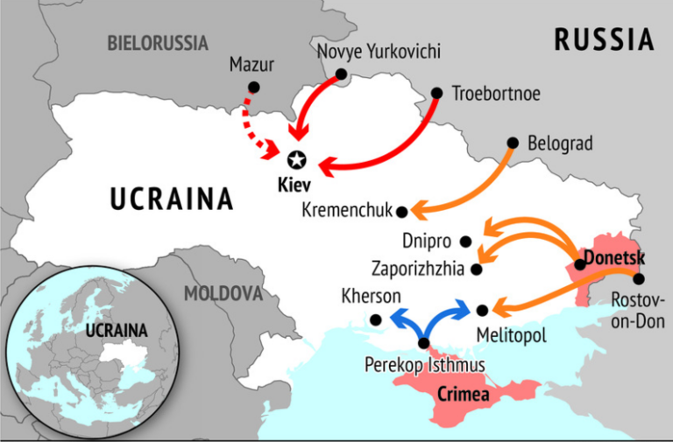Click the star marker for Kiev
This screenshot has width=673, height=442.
click(297, 159)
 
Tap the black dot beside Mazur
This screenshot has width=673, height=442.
click(254, 87)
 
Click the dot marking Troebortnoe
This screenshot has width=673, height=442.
click(438, 92)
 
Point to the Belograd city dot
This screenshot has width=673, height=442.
click(513, 143)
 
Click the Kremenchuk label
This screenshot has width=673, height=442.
click(347, 210)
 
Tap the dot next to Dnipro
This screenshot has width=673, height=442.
click(465, 241)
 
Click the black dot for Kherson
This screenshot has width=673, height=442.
click(376, 319)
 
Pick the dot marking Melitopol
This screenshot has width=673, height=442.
click(483, 309)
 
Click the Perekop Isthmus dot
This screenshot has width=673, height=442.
click(425, 343)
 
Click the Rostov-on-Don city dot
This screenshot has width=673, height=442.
click(638, 279)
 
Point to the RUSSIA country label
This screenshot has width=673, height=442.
click(604, 39)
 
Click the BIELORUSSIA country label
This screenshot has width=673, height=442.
click(158, 42)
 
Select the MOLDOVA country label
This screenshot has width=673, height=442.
click(223, 292)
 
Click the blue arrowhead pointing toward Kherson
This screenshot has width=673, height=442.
click(395, 317)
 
